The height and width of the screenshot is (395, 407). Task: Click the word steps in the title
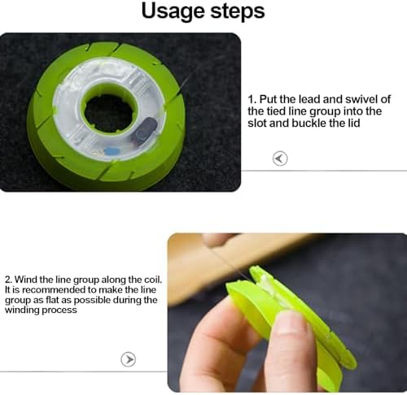(x=238, y=12)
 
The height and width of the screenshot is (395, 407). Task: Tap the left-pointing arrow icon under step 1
(x=280, y=158)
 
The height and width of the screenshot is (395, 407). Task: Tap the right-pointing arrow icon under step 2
(x=128, y=359)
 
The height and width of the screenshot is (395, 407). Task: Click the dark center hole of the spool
(x=109, y=113)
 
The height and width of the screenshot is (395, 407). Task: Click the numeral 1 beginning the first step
(x=251, y=99)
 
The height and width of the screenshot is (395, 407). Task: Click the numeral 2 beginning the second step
(x=8, y=280)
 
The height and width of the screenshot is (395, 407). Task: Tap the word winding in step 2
(x=22, y=310)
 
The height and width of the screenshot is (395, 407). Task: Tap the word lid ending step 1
(x=354, y=124)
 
